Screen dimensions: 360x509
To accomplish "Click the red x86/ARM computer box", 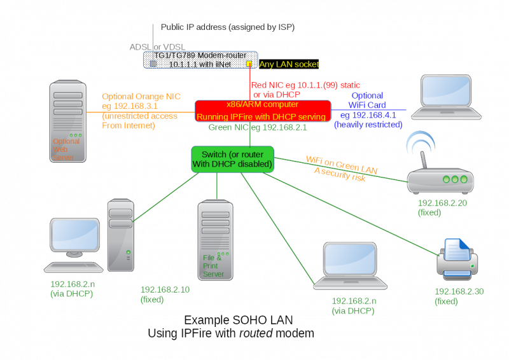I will pyautogui.click(x=263, y=111).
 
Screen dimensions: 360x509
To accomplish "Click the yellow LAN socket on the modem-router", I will pyautogui.click(x=249, y=64).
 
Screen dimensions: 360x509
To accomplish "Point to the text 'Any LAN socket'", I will pyautogui.click(x=287, y=64).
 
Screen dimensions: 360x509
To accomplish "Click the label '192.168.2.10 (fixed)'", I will pyautogui.click(x=165, y=293).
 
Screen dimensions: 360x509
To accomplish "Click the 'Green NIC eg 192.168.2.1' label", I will pyautogui.click(x=258, y=127).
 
